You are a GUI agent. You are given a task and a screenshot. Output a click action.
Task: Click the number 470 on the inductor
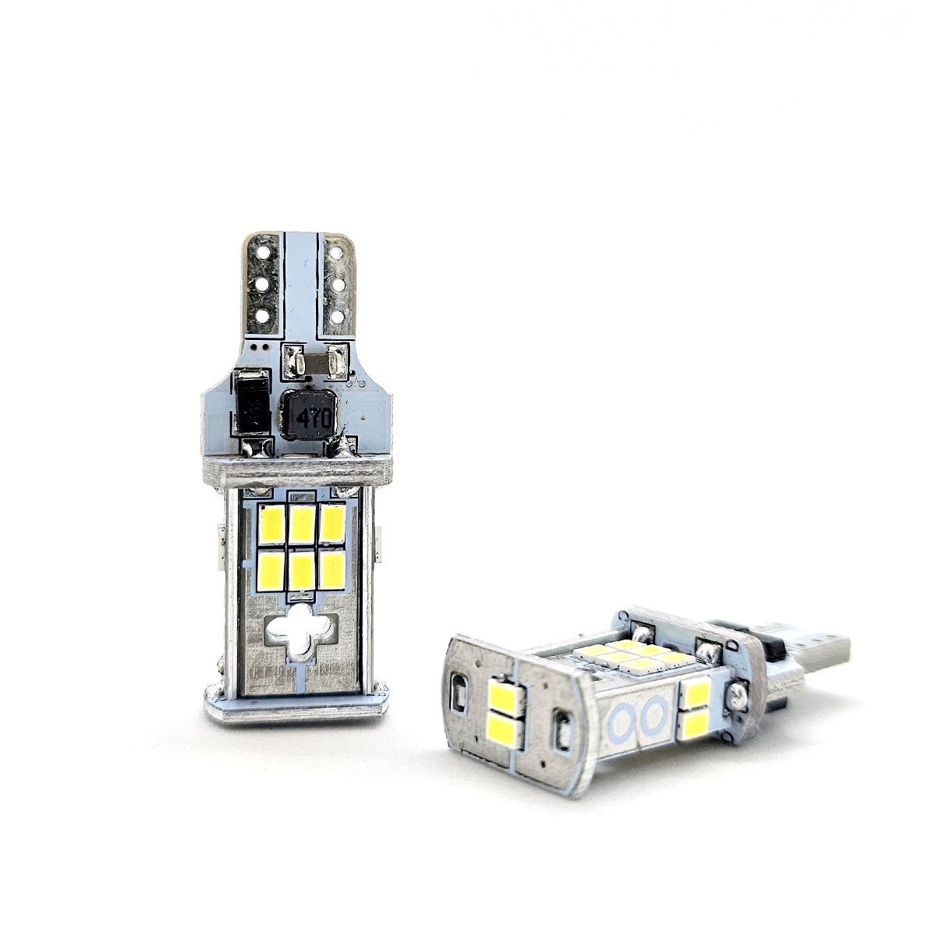pyautogui.click(x=314, y=417)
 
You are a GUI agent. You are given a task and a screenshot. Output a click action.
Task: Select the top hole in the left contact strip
pyautogui.click(x=263, y=252)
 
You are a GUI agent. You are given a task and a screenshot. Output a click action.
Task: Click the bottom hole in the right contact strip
pyautogui.click(x=337, y=316)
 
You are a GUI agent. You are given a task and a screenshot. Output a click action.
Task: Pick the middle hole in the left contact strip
pyautogui.click(x=262, y=284)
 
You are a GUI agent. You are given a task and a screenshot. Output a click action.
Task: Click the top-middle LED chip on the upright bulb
pyautogui.click(x=302, y=525)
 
